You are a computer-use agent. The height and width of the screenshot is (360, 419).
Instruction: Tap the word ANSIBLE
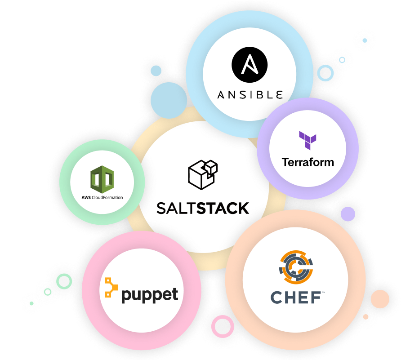coord(250,95)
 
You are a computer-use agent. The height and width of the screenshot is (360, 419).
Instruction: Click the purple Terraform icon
coord(308,140)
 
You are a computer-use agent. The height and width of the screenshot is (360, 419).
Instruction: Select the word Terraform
coord(308,162)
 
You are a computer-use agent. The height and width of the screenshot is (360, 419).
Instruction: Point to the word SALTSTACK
coord(203,208)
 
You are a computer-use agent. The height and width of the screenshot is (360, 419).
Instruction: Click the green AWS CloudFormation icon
coord(102,179)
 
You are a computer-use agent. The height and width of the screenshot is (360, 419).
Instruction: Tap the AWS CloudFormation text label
coord(102,197)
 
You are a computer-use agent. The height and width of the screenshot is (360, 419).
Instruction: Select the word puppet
coord(150,295)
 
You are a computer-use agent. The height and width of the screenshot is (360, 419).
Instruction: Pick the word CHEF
coord(295,297)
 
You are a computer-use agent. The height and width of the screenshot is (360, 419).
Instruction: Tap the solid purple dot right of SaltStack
coord(348,214)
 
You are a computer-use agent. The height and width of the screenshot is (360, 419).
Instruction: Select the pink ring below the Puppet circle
coord(221,326)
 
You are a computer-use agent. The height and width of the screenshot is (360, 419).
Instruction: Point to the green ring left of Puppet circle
coord(64,282)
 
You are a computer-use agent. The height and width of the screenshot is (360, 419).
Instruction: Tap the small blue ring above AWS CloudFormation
coord(156,71)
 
